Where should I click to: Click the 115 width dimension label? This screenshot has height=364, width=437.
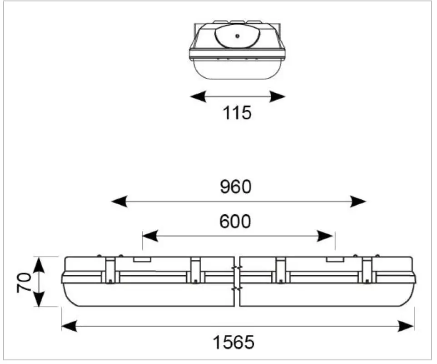point(237,113)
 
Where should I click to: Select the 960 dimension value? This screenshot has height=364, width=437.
point(235,187)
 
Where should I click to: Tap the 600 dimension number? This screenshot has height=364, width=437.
point(235,222)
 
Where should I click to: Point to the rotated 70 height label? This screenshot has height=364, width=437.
point(24,283)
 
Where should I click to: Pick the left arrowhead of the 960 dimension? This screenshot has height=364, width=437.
point(119,201)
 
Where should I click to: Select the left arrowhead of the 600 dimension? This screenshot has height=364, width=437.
point(150,236)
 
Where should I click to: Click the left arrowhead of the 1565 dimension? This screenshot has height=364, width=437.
point(70,326)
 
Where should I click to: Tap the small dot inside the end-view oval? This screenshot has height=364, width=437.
point(237,35)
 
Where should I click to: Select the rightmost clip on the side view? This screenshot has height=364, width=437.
point(367,270)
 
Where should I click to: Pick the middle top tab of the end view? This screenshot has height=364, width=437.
point(237,21)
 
